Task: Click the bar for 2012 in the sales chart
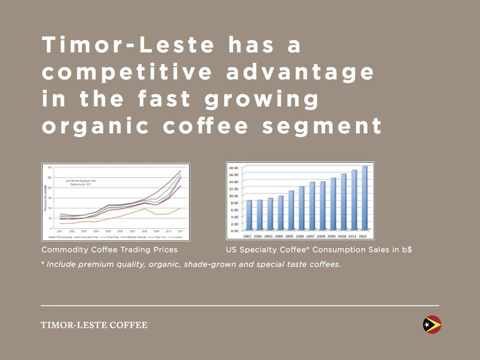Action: click(365, 198)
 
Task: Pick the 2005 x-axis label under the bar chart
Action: click(290, 236)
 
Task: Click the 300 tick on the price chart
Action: click(49, 167)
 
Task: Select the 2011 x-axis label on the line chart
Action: click(180, 231)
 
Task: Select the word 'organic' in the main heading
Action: click(96, 126)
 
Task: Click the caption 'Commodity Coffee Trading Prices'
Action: click(109, 250)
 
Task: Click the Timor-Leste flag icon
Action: click(432, 325)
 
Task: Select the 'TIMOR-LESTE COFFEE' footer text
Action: click(94, 325)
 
